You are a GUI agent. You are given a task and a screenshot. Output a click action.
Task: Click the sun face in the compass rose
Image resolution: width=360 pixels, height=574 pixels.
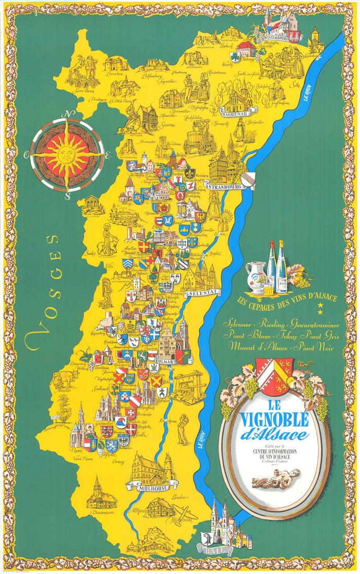click(x=67, y=155)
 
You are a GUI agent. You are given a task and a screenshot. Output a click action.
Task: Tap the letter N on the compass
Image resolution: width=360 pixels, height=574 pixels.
click(x=67, y=115)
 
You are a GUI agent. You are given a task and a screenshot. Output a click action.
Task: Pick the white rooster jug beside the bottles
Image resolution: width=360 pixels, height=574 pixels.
click(x=256, y=271)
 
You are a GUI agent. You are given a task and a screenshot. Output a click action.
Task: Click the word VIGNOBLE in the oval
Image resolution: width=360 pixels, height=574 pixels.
click(x=274, y=419)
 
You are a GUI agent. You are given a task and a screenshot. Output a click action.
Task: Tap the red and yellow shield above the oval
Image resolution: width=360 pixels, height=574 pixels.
click(x=274, y=376)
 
